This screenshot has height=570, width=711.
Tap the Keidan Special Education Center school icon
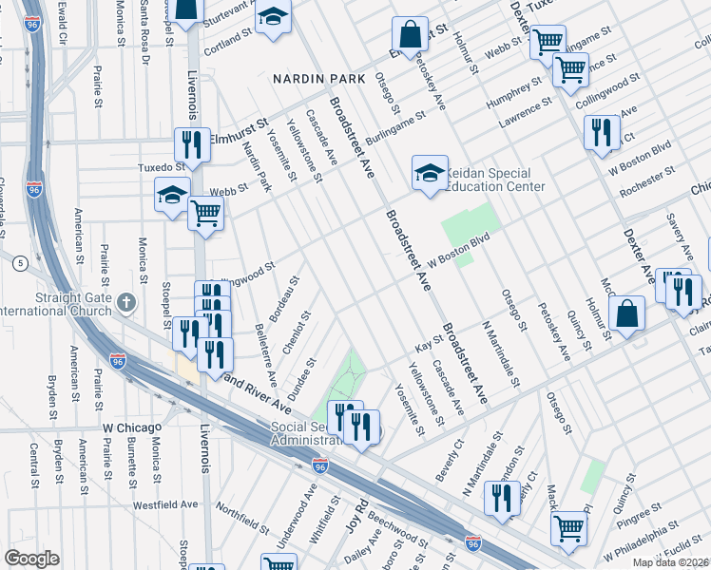click(430, 174)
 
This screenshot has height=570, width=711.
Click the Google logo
click(31, 558)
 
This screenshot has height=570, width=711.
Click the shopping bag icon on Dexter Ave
click(627, 313)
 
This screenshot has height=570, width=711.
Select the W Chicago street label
click(128, 428)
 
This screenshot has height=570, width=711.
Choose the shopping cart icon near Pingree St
click(568, 525)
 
